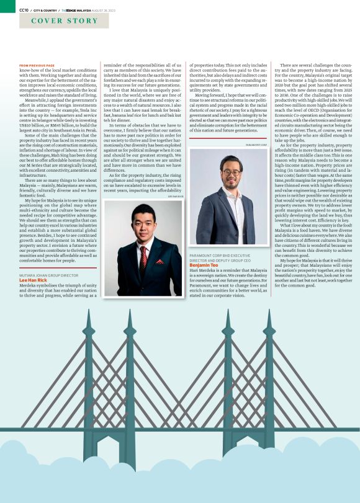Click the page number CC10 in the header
tap(24, 10)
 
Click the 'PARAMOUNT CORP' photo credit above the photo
tap(256, 145)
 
